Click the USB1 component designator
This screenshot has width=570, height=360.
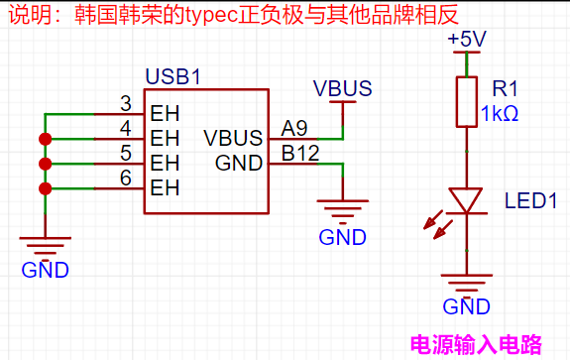[x=173, y=76]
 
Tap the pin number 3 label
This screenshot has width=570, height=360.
[x=126, y=103]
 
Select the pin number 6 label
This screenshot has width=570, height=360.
[x=126, y=179]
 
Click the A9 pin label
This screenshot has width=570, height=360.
[x=294, y=128]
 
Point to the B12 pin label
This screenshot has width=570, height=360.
[x=300, y=153]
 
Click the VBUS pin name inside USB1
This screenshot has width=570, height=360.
[x=233, y=138]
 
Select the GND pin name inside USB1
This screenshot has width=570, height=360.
[x=239, y=163]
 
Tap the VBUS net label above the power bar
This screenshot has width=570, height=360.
[x=342, y=88]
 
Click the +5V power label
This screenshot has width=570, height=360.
[x=467, y=39]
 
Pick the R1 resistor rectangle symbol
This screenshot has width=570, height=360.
[x=467, y=102]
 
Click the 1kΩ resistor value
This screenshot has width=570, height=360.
[x=500, y=113]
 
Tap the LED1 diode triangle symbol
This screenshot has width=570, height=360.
[x=466, y=200]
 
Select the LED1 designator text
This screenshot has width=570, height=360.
[x=530, y=200]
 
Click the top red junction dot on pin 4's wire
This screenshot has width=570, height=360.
[x=45, y=139]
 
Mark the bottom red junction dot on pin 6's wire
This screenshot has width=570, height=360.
[x=45, y=188]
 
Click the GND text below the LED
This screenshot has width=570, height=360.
[x=466, y=306]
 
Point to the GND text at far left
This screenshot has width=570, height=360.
[x=45, y=270]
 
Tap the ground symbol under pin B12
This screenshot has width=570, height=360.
[x=342, y=211]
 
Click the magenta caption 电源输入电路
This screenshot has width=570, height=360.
[x=476, y=344]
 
